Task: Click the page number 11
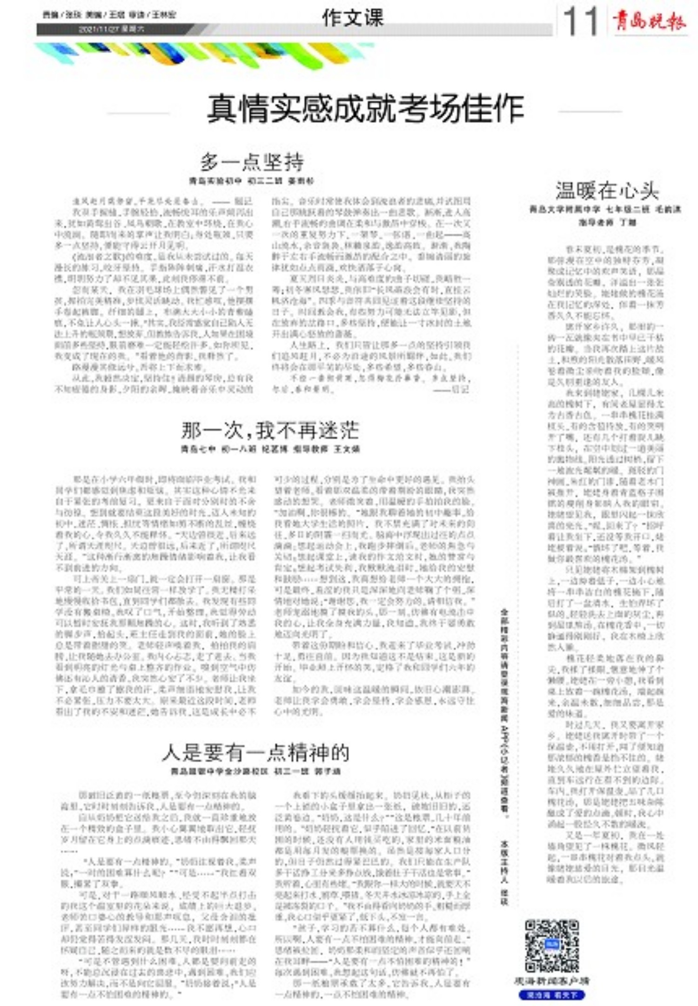[x=580, y=21]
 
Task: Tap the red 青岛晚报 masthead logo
[x=649, y=21]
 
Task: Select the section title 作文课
[x=353, y=18]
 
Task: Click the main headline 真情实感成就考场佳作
[x=365, y=108]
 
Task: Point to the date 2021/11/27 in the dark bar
[x=112, y=29]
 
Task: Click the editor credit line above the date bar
[x=109, y=15]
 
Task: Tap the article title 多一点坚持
[x=252, y=162]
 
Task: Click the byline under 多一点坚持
[x=252, y=181]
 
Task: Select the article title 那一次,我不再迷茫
[x=270, y=430]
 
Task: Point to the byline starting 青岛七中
[x=270, y=449]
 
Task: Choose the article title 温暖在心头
[x=607, y=190]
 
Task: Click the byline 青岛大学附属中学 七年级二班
[x=605, y=209]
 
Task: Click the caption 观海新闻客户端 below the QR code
[x=551, y=981]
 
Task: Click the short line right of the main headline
[x=590, y=112]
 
